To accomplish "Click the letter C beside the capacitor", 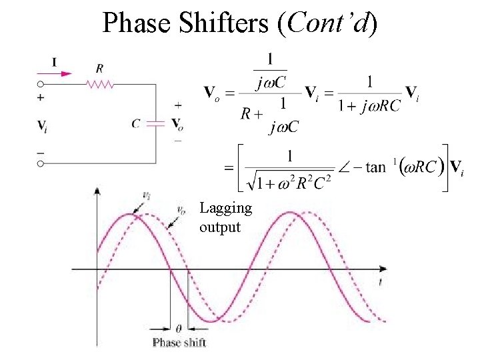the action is pos(136,123).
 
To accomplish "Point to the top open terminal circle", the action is pos(40,84).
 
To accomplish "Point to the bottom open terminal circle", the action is pos(40,163).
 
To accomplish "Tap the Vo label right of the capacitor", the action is pos(178,124).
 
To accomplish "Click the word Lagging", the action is pos(225,209).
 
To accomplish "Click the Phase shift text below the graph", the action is pos(179,343).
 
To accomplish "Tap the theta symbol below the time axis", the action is pos(178,328).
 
